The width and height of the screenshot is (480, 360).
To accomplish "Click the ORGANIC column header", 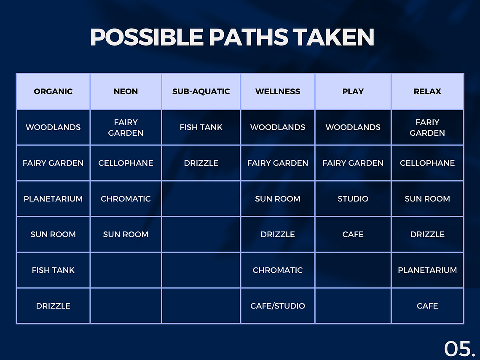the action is coord(53,91).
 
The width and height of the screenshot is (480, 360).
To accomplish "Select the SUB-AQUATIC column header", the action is coord(201,91).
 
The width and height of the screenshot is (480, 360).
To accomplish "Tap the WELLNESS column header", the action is coord(278,91).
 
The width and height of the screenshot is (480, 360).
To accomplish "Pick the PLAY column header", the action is coord(353,91).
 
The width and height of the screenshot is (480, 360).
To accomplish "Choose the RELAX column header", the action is coord(427,91).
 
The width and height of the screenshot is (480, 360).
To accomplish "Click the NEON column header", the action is coord(126,91).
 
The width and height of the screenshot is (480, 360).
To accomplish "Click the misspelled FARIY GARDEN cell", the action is coord(427,127).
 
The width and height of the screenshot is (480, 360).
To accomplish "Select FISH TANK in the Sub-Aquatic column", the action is coord(201,127).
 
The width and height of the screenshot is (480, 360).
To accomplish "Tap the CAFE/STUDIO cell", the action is coord(278,306).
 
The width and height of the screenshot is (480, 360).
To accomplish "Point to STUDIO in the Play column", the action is coord(353,199).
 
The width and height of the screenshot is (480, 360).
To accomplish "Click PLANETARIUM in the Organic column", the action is coord(53,199).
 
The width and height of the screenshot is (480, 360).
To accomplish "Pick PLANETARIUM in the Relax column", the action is coord(427,270).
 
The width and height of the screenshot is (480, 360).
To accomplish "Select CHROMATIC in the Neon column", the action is coord(126,199).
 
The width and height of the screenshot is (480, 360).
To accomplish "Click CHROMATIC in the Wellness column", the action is coord(278,270).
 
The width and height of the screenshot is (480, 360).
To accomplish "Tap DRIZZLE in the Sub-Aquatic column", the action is coord(201,163).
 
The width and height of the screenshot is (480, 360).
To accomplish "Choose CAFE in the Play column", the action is coord(353,234).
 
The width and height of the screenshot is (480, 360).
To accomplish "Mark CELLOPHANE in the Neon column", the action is coord(126,163).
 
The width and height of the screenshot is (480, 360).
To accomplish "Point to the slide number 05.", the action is coord(459,348).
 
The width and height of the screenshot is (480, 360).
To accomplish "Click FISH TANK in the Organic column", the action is coord(53,270).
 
